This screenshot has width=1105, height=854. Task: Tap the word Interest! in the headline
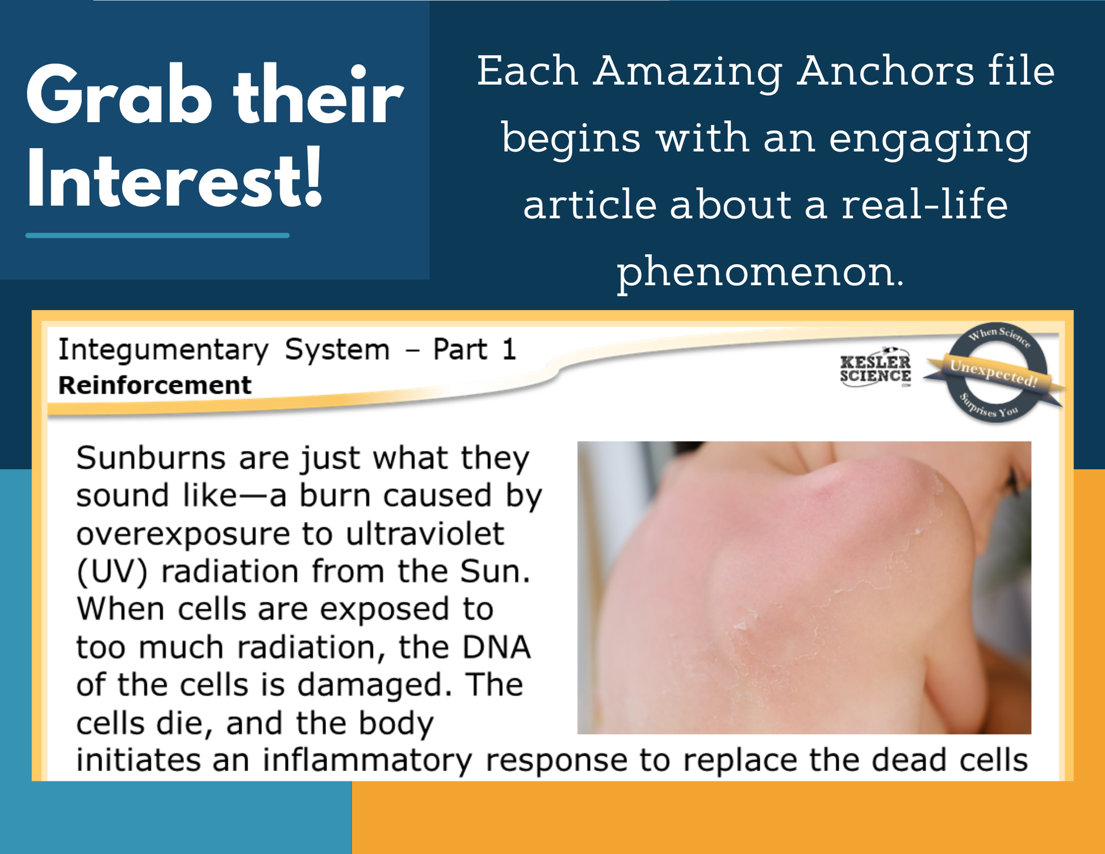point(175,178)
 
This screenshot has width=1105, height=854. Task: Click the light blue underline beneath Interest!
point(157,235)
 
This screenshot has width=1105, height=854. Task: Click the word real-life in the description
point(924,205)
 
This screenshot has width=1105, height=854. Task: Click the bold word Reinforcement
point(154,385)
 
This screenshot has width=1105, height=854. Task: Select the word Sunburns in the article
point(151,458)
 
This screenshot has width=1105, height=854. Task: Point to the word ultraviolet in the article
point(425,534)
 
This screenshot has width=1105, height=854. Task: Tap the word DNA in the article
point(497,647)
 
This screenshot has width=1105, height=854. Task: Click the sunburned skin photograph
point(804,588)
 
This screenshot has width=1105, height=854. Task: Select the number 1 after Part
point(509,349)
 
